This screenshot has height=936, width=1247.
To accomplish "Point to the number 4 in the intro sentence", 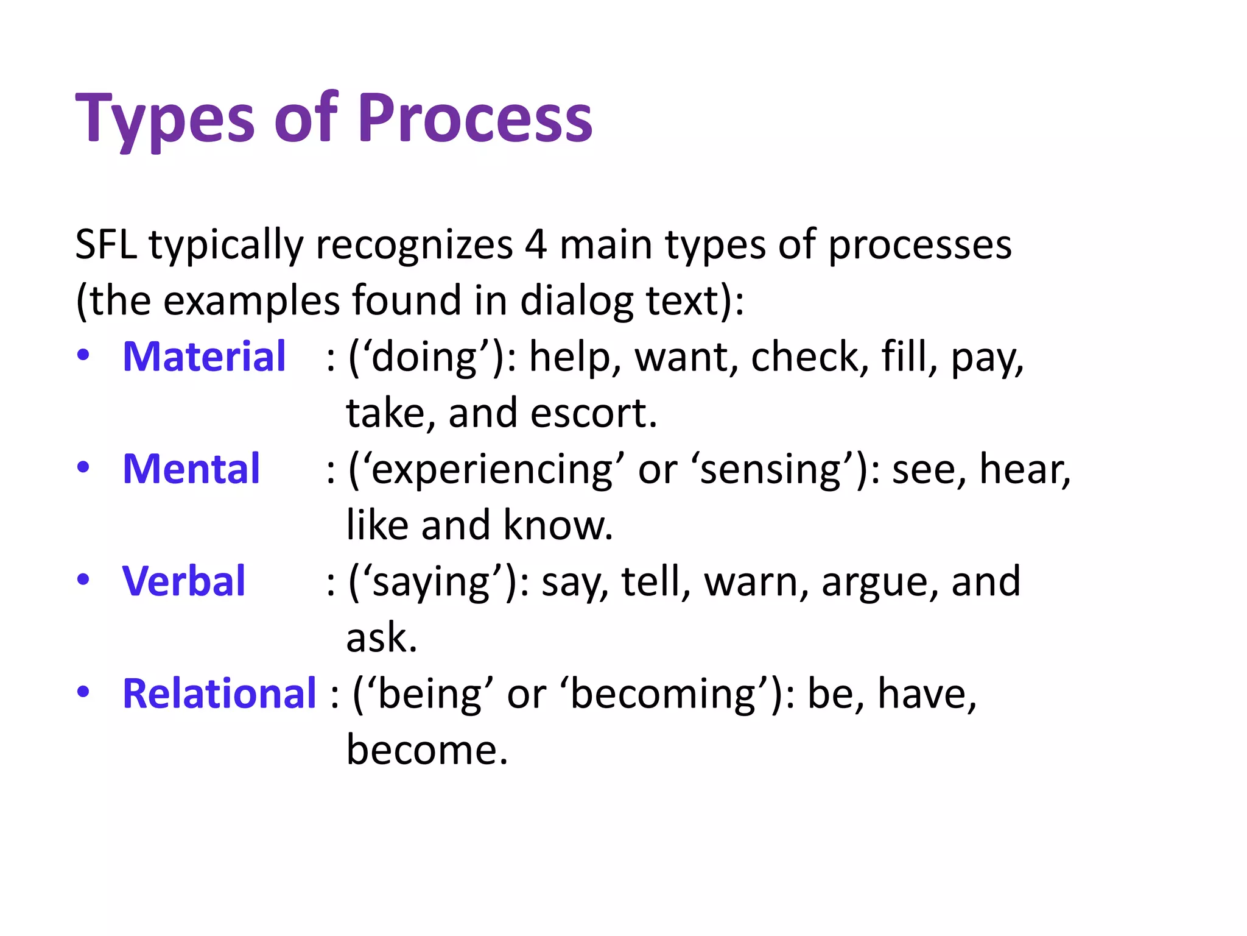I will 535,244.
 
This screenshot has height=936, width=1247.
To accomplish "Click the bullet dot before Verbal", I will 83,580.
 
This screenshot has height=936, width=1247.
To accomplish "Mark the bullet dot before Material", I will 83,355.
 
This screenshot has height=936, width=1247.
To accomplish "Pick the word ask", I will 381,638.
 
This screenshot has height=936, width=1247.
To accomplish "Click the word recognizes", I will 414,244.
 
